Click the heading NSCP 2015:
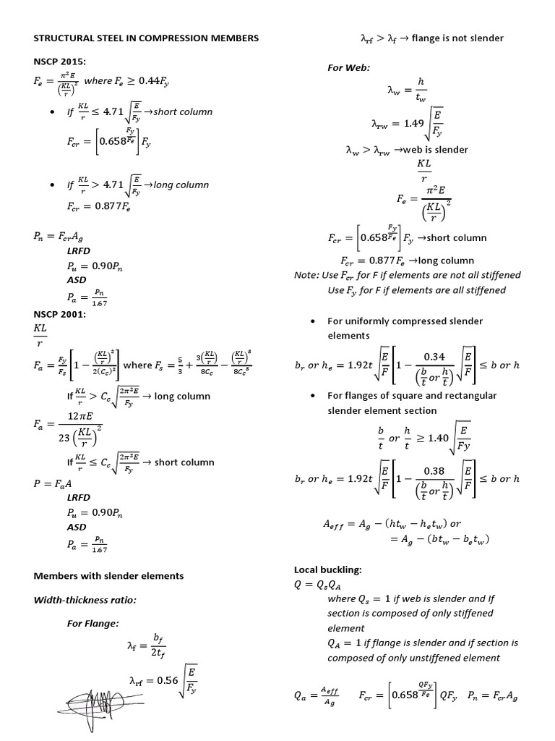coord(59,62)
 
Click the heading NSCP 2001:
coord(60,315)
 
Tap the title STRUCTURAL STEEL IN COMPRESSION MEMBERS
coord(145,38)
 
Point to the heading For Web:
coord(348,67)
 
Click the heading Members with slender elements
coord(109,576)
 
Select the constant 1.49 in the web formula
coord(414,124)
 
